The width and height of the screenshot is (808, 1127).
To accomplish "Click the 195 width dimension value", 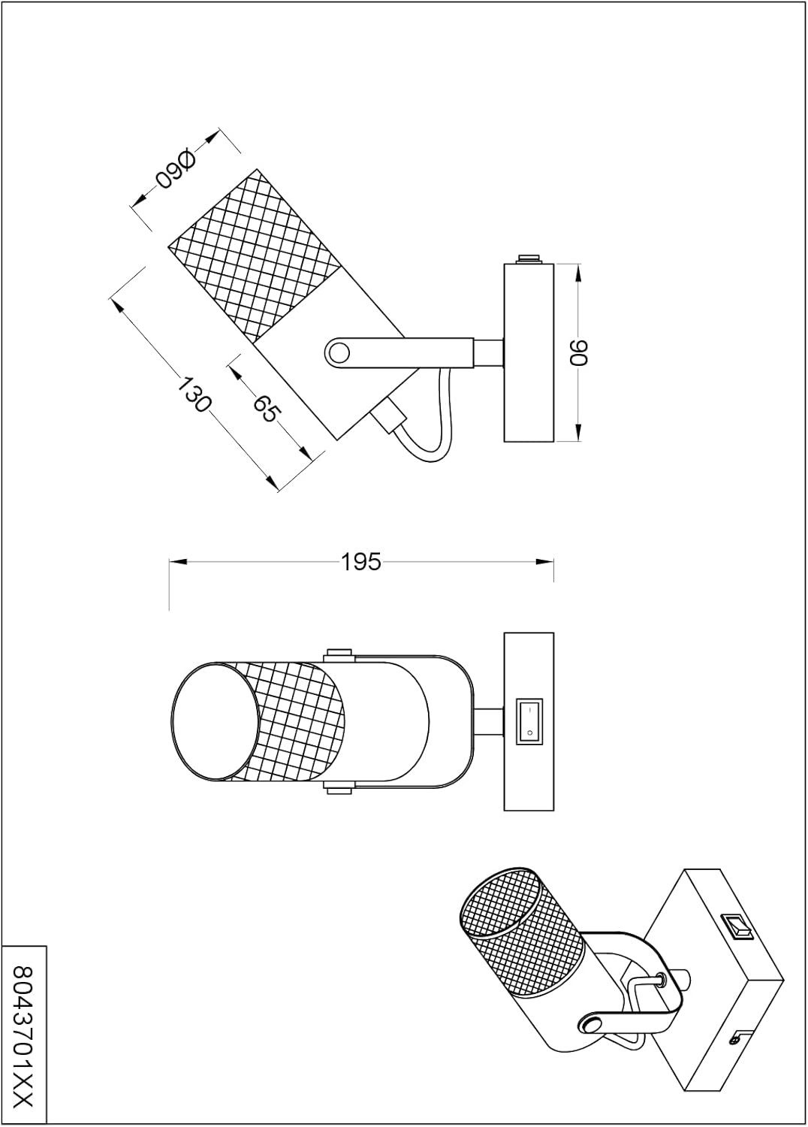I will [361, 561].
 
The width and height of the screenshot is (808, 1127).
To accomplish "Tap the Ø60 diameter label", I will [176, 171].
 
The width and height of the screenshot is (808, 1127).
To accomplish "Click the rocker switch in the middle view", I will [529, 721].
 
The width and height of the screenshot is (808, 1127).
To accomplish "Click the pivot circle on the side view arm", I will [340, 352].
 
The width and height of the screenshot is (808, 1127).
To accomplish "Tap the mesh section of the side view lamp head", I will [253, 253].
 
